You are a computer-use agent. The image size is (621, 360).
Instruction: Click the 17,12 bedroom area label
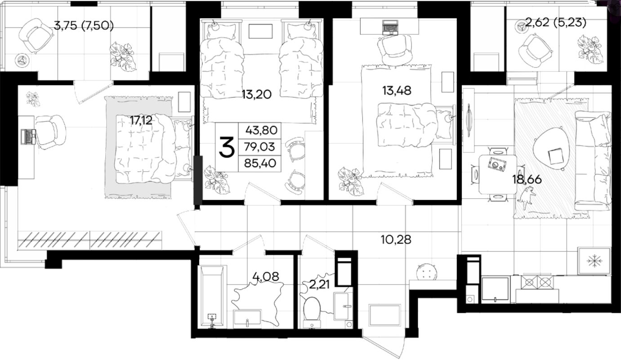[x=141, y=120]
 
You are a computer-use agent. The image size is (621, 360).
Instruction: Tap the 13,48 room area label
[x=397, y=91]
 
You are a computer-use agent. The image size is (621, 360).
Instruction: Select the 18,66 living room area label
[x=527, y=180]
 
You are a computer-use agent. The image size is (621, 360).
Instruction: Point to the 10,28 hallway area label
[x=396, y=240]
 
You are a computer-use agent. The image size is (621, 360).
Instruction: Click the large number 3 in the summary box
[x=227, y=147]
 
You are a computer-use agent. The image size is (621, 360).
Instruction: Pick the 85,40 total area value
[x=260, y=163]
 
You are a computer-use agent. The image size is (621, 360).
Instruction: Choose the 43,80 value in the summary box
[x=261, y=130]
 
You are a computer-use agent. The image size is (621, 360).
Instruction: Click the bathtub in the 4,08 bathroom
[x=212, y=297]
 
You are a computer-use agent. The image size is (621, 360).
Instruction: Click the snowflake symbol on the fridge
[x=594, y=261]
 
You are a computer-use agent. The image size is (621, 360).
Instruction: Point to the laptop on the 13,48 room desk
[x=390, y=27]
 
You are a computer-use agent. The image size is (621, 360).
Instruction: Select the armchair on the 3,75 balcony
[x=36, y=36]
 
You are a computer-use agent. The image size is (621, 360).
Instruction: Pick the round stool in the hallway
[x=426, y=272]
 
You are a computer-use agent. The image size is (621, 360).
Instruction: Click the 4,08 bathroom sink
[x=247, y=317]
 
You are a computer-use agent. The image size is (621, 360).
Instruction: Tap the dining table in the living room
[x=498, y=174]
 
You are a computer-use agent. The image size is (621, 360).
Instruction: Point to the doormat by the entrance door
[x=385, y=315]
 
